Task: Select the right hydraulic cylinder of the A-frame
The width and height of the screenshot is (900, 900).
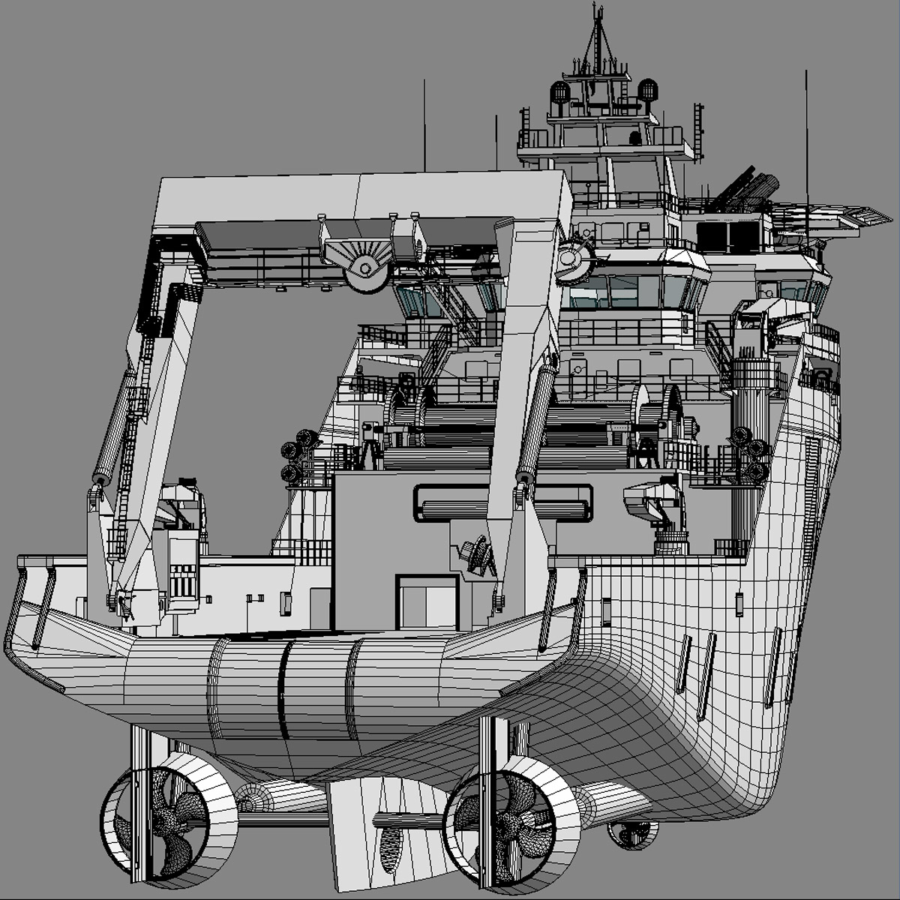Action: pos(537,420)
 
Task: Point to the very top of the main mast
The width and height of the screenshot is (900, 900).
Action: pos(598,7)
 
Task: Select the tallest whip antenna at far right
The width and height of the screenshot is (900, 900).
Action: pos(807,135)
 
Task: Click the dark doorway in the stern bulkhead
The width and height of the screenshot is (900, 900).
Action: pos(427,604)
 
